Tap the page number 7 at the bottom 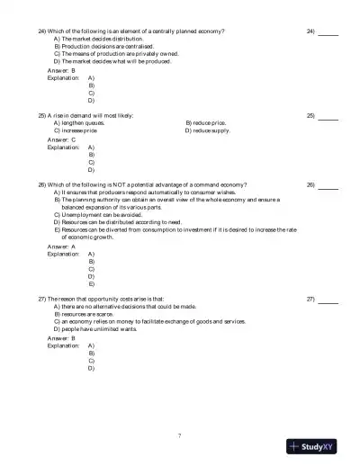pos(180,435)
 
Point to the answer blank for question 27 pos(328,300)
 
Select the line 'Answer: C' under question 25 pos(55,140)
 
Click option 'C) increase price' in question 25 pos(78,130)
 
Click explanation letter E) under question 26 pos(92,283)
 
